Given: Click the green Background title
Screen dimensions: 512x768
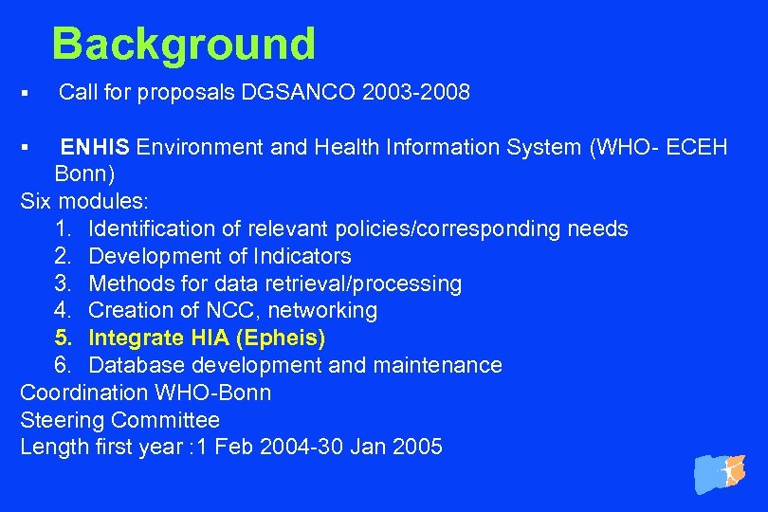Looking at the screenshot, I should (x=183, y=45).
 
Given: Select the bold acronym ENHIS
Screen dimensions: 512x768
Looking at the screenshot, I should (x=97, y=147).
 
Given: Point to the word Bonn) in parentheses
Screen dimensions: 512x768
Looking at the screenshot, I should (x=85, y=174).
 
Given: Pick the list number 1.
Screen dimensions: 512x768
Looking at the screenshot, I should (x=63, y=229).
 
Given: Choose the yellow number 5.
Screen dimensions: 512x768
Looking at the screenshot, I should (x=63, y=338).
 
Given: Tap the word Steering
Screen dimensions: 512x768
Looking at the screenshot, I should (x=63, y=420).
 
